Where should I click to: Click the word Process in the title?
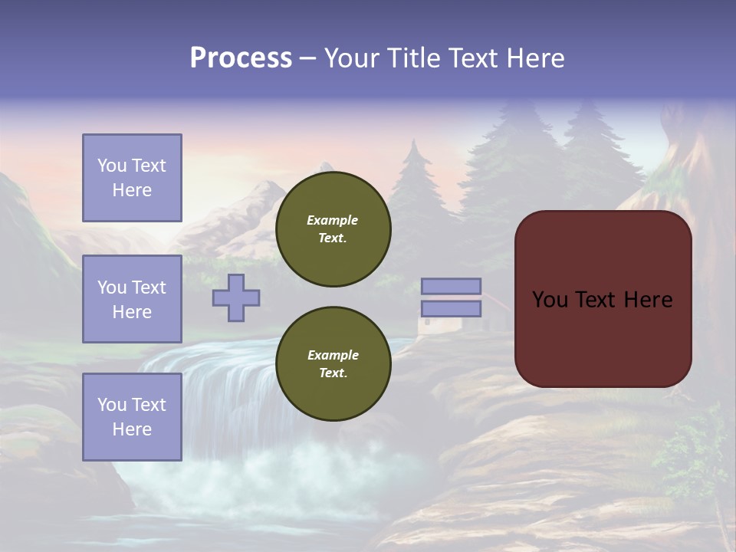(x=241, y=58)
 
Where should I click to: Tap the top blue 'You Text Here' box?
(x=132, y=178)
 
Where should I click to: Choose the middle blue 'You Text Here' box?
(x=132, y=299)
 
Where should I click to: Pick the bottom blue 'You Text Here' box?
(x=132, y=416)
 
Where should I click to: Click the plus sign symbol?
(x=236, y=297)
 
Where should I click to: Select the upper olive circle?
(x=333, y=228)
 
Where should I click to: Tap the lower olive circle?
(x=333, y=363)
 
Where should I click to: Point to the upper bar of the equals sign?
(x=451, y=286)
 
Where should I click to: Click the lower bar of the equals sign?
(x=451, y=308)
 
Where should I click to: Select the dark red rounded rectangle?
(x=603, y=337)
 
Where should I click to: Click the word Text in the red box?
(x=596, y=300)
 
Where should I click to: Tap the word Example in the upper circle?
(x=332, y=220)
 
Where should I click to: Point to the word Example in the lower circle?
(x=333, y=355)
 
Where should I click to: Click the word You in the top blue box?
(x=112, y=166)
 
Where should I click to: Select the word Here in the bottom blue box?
(x=132, y=429)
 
